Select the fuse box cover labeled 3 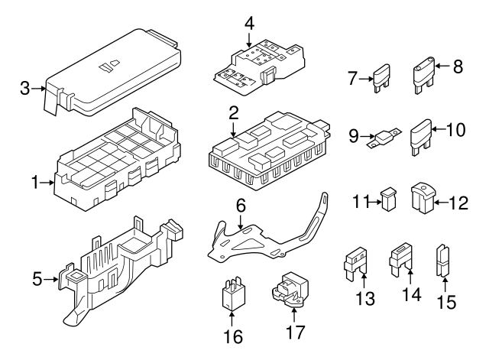pyautogui.click(x=115, y=73)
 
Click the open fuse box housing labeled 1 pyautogui.click(x=118, y=164)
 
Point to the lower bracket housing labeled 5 pyautogui.click(x=122, y=268)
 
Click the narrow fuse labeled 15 pyautogui.click(x=442, y=261)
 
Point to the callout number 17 pyautogui.click(x=293, y=334)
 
